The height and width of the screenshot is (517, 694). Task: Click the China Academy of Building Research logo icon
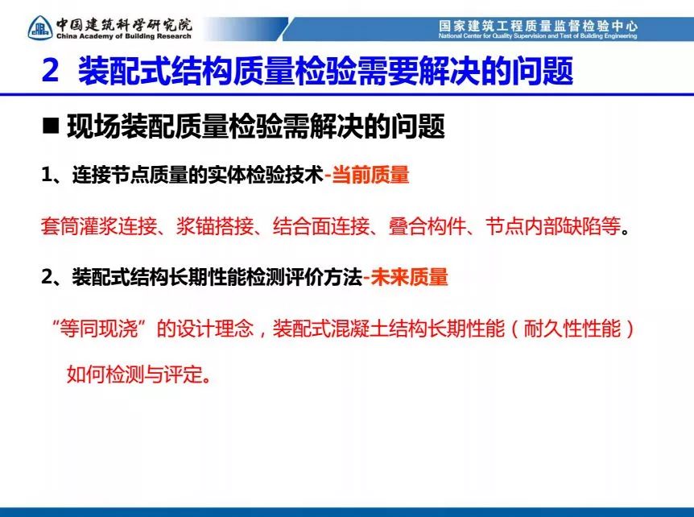pyautogui.click(x=40, y=28)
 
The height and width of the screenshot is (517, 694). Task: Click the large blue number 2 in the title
pyautogui.click(x=51, y=70)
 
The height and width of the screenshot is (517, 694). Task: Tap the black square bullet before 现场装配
pyautogui.click(x=51, y=126)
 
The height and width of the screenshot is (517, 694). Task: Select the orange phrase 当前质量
pyautogui.click(x=370, y=175)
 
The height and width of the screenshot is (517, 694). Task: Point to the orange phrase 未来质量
pyautogui.click(x=410, y=277)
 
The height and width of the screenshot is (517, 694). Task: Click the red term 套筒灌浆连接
pyautogui.click(x=99, y=226)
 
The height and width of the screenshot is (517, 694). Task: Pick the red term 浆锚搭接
pyautogui.click(x=215, y=226)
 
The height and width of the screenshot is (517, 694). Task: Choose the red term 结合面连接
pyautogui.click(x=321, y=226)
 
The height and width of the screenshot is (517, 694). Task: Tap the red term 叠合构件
pyautogui.click(x=428, y=226)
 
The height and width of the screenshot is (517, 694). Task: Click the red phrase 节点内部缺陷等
pyautogui.click(x=553, y=226)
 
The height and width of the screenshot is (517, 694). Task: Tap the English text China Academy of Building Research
pyautogui.click(x=124, y=36)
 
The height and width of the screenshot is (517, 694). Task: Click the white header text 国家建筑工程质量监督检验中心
pyautogui.click(x=538, y=26)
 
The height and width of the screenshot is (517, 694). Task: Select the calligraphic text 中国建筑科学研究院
pyautogui.click(x=124, y=24)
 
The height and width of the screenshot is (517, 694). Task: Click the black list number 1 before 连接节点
pyautogui.click(x=47, y=176)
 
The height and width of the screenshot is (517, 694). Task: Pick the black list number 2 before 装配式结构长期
pyautogui.click(x=47, y=277)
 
